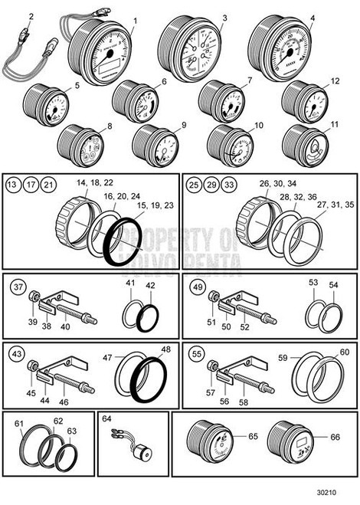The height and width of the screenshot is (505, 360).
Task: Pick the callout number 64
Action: click(x=106, y=420)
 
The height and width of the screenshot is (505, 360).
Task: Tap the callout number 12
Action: click(x=335, y=80)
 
